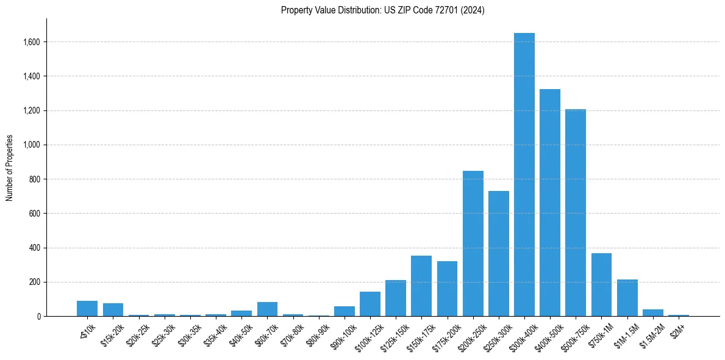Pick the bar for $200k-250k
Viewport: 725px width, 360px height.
(x=473, y=243)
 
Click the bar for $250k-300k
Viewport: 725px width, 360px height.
(x=498, y=253)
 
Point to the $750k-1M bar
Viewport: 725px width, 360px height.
(x=601, y=284)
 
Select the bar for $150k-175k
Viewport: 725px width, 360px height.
(x=421, y=286)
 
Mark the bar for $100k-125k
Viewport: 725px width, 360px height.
(x=370, y=304)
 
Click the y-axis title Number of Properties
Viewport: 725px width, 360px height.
(x=10, y=168)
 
